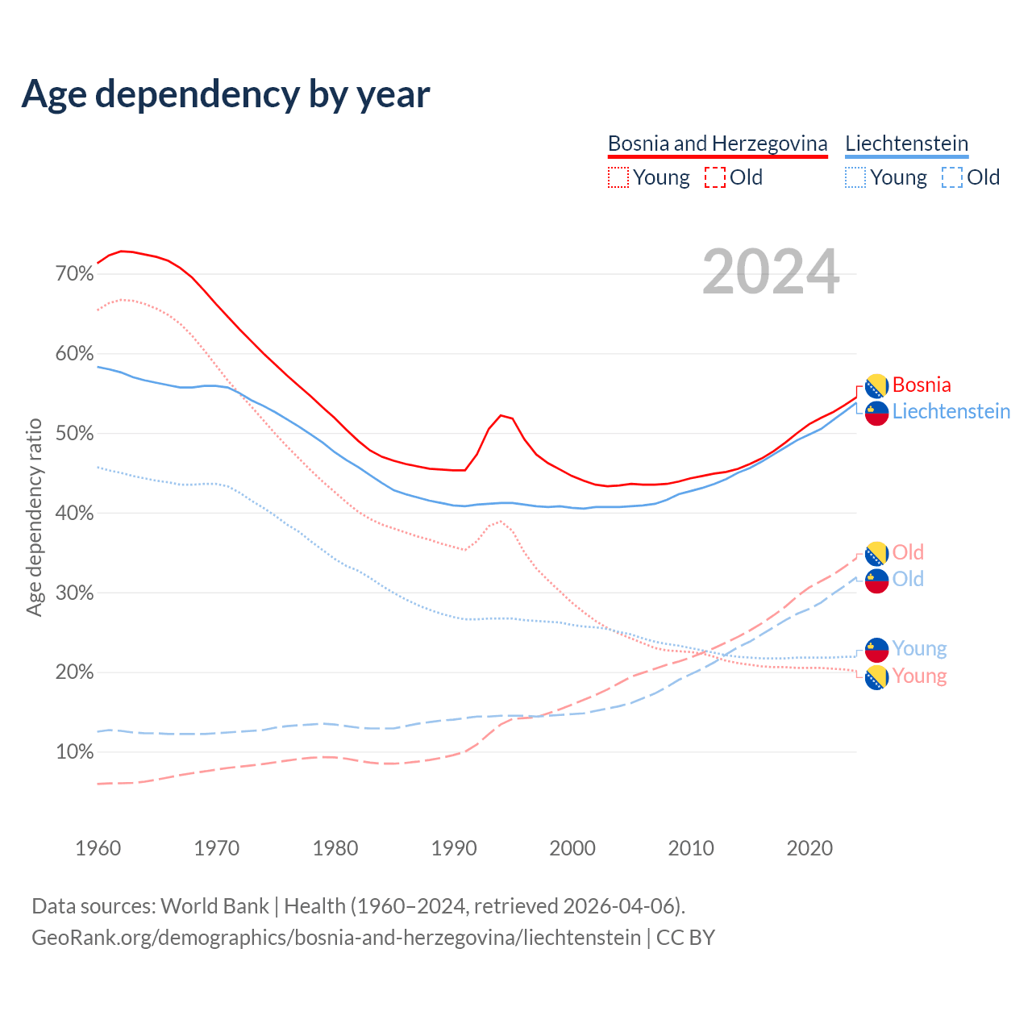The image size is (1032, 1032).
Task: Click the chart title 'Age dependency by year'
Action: [226, 94]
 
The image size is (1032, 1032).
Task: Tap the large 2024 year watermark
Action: [771, 273]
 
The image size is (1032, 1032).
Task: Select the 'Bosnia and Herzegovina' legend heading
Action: [718, 144]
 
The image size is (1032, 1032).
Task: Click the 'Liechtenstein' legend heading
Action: [906, 144]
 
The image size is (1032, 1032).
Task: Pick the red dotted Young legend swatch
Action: [618, 177]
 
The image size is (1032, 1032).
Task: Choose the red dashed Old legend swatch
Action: [714, 177]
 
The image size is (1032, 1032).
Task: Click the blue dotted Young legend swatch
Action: [855, 177]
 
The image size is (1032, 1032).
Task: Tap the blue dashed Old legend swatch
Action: [951, 177]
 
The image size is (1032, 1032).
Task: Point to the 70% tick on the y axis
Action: [74, 274]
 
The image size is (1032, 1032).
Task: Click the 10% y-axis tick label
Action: [74, 752]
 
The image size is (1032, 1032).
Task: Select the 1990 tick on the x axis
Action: [454, 848]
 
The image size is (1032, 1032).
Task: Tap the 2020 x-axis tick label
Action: [809, 848]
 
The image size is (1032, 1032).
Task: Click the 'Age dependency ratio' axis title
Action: [34, 517]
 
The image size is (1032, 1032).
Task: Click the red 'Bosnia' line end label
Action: [922, 385]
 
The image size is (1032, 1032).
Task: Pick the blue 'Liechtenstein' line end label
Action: [951, 411]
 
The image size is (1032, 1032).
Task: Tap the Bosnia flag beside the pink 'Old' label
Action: [876, 553]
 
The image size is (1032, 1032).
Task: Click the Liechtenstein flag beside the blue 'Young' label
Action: [876, 649]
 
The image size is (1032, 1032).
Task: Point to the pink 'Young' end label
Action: [919, 676]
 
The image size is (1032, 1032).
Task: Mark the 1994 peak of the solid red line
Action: [501, 415]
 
